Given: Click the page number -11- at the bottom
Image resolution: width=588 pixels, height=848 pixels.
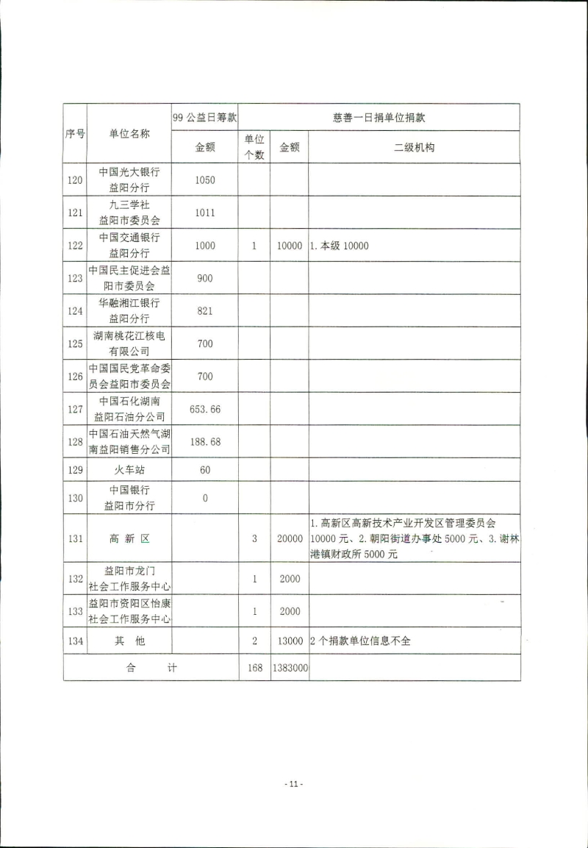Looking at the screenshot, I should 293,784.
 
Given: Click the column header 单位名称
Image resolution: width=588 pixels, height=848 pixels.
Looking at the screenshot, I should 129,133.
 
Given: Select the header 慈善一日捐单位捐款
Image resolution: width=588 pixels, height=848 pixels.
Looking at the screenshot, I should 379,117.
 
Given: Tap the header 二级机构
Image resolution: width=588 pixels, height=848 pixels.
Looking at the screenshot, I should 414,147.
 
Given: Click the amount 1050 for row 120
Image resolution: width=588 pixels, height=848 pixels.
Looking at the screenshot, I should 205,179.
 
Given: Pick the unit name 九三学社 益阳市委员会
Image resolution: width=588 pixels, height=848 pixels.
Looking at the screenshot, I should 129,213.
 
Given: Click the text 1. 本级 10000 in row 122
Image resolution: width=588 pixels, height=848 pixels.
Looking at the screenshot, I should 340,246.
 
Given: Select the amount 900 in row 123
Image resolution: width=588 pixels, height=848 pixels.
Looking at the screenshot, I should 205,278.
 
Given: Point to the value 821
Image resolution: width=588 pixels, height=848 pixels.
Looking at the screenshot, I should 205,311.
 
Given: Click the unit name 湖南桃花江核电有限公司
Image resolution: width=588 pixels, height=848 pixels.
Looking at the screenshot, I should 129,343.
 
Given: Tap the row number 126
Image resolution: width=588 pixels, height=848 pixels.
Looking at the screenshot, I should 74,377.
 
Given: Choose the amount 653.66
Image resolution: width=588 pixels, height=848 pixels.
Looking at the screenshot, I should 205,409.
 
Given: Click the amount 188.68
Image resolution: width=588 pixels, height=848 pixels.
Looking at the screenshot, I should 205,442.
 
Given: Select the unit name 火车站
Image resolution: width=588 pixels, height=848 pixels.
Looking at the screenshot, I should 129,469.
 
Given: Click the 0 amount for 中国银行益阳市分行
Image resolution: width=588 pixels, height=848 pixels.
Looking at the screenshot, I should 205,498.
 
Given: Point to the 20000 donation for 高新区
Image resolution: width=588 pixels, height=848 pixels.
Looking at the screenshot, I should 289,538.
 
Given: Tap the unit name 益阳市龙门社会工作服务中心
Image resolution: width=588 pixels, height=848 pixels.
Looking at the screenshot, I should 129,579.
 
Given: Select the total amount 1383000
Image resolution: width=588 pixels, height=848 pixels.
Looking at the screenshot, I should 289,669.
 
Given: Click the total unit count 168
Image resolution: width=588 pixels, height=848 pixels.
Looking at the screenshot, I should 254,669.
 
